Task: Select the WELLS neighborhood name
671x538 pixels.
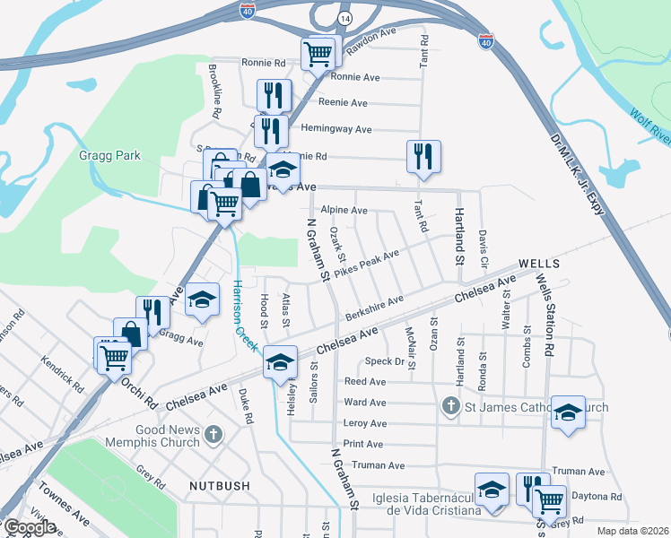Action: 538,264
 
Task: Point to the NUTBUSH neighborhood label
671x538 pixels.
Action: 219,485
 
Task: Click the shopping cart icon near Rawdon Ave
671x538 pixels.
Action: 318,53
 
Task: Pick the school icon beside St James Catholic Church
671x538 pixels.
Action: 568,412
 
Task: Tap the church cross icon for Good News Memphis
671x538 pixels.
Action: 213,435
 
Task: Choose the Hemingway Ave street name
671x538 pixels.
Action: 336,129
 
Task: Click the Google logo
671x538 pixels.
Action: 30,527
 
